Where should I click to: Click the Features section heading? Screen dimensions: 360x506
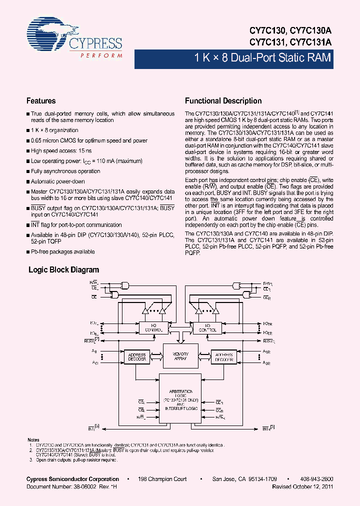click(x=41, y=100)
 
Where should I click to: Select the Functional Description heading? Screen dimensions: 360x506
click(x=223, y=100)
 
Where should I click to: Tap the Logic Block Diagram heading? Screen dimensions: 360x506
click(x=63, y=269)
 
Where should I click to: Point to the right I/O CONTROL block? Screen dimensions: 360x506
click(x=207, y=328)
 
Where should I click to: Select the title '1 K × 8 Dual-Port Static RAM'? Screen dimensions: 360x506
click(x=262, y=57)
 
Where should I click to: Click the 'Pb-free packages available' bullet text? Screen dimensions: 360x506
click(x=62, y=251)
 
